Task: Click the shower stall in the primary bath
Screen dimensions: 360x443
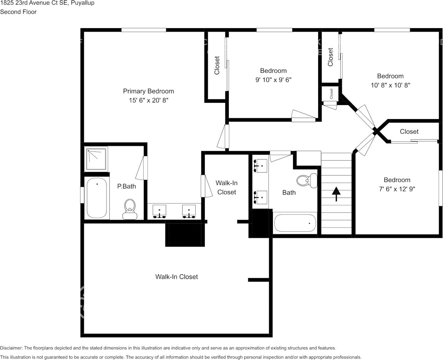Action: tap(97, 159)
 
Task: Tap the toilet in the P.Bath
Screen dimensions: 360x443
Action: tap(130, 209)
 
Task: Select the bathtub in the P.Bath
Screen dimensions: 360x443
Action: tap(97, 198)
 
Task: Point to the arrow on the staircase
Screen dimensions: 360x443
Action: tap(336, 193)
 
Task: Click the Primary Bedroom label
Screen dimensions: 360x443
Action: tap(148, 91)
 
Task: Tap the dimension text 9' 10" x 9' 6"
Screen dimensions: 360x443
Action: tap(273, 80)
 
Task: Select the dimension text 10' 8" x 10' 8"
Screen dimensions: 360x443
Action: tap(390, 85)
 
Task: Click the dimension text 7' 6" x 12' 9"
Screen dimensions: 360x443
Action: tap(397, 189)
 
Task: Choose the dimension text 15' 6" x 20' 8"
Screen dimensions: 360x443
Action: tap(148, 100)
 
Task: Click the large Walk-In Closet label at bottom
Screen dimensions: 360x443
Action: tap(176, 277)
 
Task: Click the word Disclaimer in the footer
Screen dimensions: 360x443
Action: tap(11, 348)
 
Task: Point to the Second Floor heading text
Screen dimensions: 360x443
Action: tap(18, 12)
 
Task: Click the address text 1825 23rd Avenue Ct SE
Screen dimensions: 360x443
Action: tap(34, 3)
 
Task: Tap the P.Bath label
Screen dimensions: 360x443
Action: tap(126, 186)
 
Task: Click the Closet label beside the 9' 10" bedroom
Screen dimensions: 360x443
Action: tap(217, 65)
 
